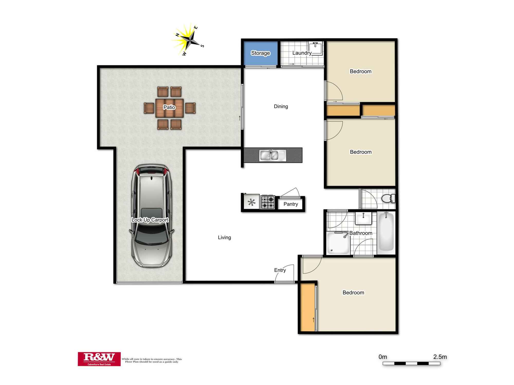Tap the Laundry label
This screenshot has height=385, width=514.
[x=302, y=53]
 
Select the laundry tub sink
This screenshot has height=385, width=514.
[x=315, y=49]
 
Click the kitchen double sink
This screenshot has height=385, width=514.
[x=272, y=155]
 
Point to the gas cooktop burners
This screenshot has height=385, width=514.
[x=268, y=202]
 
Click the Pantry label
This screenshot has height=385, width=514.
[x=291, y=204]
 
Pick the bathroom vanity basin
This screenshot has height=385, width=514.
[x=363, y=218]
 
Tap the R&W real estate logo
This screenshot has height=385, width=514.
[x=99, y=359]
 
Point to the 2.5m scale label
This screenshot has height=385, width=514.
[x=440, y=357]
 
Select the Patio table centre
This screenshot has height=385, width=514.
[x=169, y=107]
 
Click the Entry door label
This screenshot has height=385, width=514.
[x=280, y=270]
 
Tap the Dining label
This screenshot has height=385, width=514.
[x=281, y=106]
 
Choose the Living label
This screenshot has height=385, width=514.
[x=224, y=237]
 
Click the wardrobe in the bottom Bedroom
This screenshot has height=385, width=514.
[x=308, y=307]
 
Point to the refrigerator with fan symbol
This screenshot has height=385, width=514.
[x=251, y=203]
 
